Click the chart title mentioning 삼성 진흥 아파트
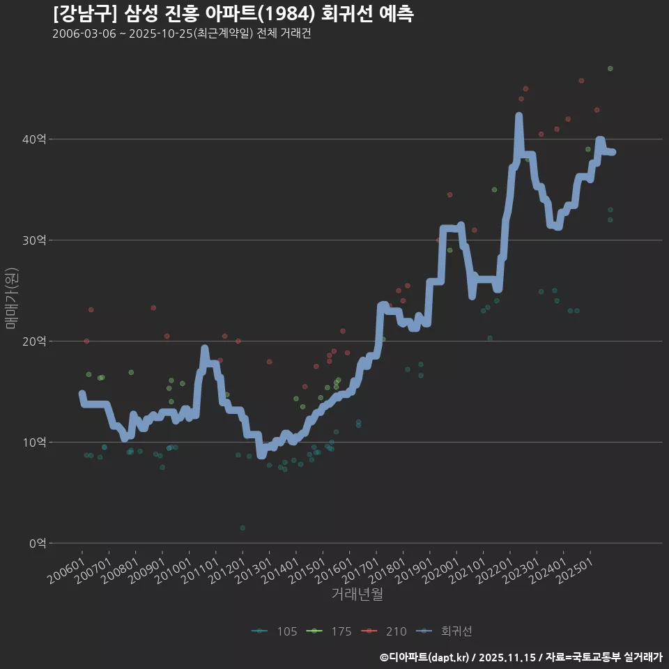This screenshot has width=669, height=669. click(233, 14)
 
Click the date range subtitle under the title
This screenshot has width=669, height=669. click(181, 34)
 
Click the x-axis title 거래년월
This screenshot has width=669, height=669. click(357, 594)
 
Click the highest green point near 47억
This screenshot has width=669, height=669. click(610, 68)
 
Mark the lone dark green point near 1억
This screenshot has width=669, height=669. click(243, 528)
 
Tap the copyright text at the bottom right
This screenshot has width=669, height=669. click(521, 657)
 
